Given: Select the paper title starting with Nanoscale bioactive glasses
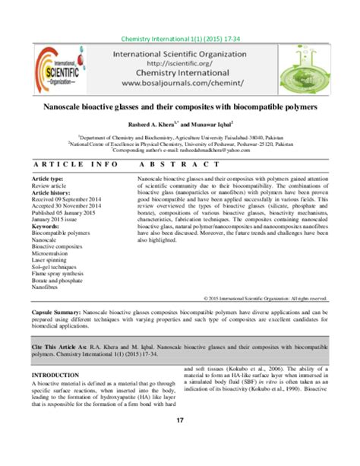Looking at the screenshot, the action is click(x=179, y=109).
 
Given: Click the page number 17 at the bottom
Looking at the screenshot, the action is click(x=180, y=420).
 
